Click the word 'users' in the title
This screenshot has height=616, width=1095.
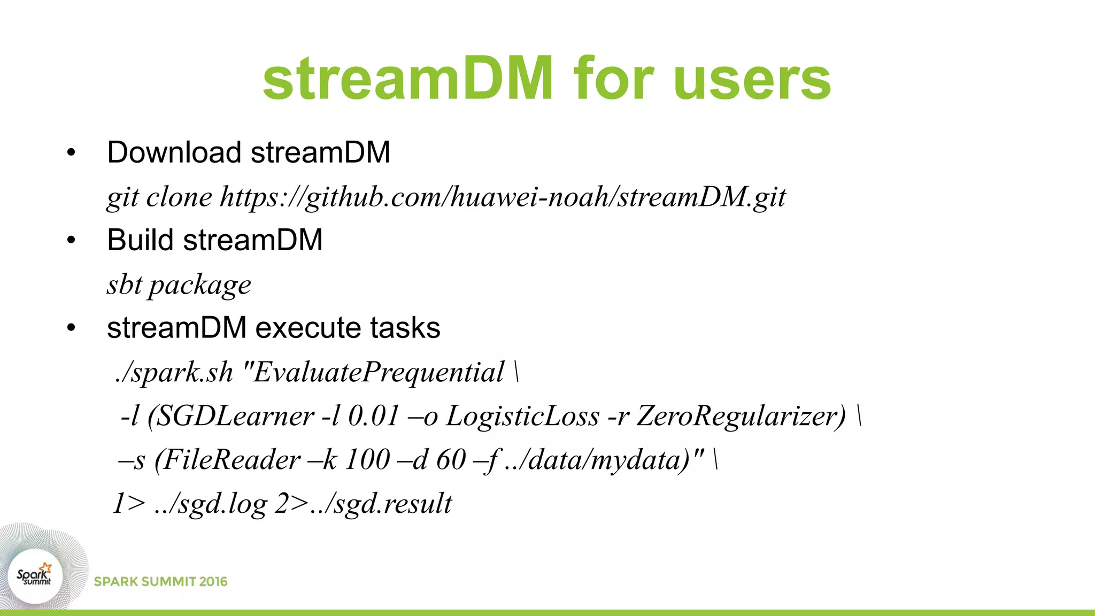[752, 80]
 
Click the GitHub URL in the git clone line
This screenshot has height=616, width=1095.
[503, 197]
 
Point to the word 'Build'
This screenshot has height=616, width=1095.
[140, 240]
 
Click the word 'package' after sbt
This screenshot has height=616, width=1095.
[199, 285]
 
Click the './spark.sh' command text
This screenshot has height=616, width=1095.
[174, 373]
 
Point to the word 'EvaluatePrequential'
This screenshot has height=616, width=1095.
[379, 373]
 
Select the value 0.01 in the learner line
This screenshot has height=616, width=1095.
[374, 417]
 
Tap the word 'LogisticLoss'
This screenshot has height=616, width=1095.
[522, 417]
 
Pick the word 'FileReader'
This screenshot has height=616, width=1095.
[230, 460]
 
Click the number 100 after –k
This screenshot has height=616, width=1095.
[368, 460]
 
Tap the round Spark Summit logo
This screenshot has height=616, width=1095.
[35, 576]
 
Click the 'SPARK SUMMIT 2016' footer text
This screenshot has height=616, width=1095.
[160, 582]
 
